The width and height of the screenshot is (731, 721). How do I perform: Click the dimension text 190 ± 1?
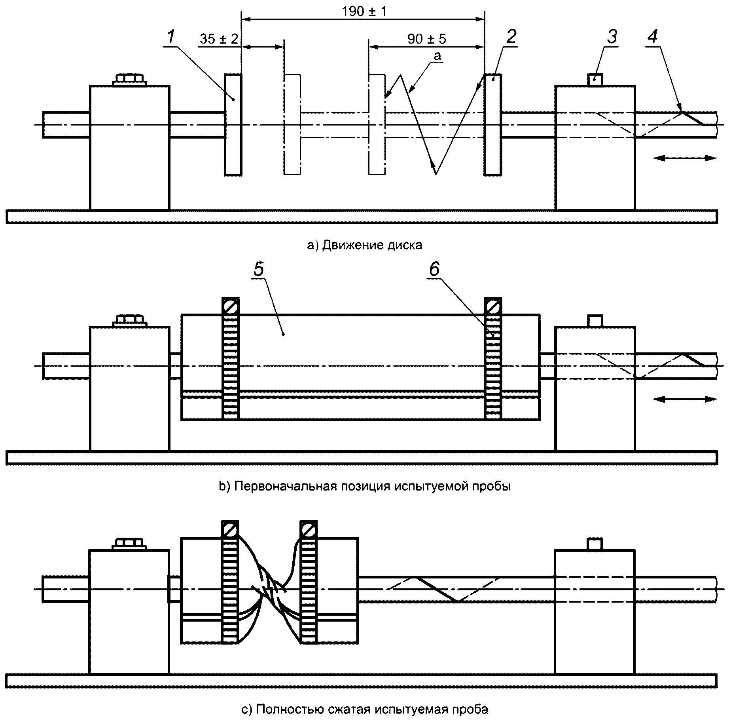[364, 11]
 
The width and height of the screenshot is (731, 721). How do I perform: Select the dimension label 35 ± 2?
[219, 39]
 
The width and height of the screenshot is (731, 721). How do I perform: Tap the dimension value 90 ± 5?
[427, 39]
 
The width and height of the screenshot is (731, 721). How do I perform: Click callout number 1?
[171, 37]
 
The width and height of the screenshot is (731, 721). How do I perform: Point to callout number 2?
[511, 37]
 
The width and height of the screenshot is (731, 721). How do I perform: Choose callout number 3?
[612, 37]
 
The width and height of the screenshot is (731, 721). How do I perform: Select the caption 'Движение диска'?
[372, 245]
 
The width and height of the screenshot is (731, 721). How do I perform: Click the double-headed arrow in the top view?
[685, 158]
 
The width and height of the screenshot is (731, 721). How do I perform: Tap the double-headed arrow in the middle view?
[685, 399]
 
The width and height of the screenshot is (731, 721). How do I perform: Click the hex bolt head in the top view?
[130, 79]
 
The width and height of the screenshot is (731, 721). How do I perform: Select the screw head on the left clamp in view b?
[231, 306]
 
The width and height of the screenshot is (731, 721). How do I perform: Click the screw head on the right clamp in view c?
[309, 529]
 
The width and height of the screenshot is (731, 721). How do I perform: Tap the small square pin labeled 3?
[595, 80]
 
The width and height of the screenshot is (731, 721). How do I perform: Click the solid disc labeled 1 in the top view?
[233, 124]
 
